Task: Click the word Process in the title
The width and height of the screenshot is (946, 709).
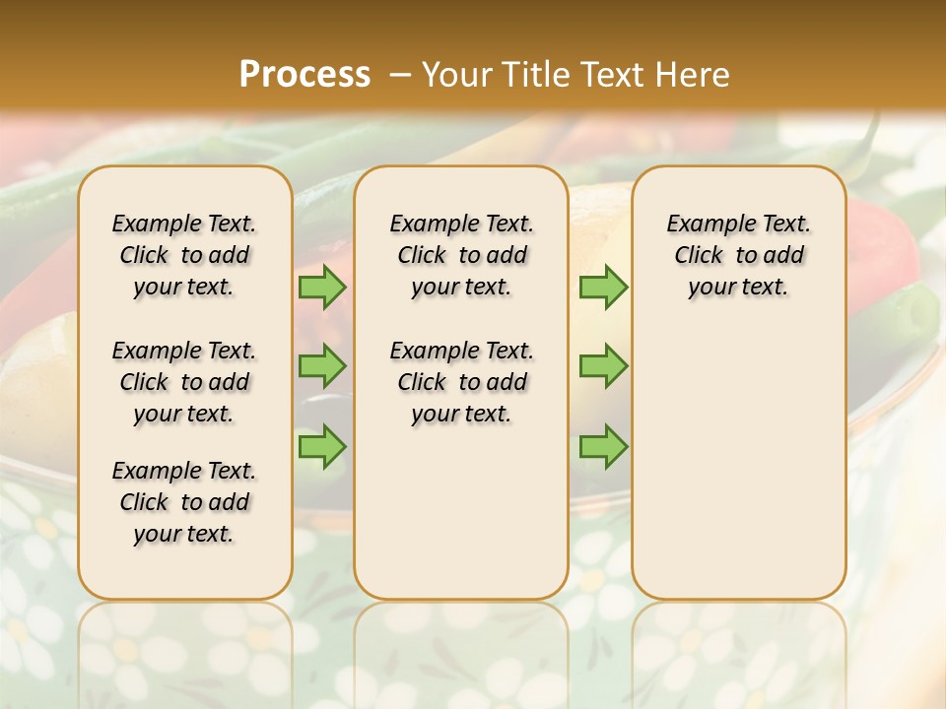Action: (x=304, y=74)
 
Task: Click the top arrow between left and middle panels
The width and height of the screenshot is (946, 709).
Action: (x=322, y=288)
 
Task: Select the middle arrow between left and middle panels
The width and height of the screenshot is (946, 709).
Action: (x=322, y=366)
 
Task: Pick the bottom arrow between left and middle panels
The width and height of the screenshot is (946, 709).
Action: (x=322, y=446)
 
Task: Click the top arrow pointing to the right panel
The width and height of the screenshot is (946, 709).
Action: (x=603, y=288)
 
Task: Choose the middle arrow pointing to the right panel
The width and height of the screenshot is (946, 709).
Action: (x=603, y=366)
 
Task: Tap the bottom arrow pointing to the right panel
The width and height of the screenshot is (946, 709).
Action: (x=603, y=446)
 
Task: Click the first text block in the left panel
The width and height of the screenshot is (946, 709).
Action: (x=184, y=255)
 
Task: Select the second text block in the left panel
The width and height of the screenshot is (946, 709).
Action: (x=184, y=382)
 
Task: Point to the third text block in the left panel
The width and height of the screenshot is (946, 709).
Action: (x=184, y=502)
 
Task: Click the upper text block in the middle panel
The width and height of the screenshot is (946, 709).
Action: (x=461, y=255)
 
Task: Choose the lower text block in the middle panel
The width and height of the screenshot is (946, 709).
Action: (x=461, y=382)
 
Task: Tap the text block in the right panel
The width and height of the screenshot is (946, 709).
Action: (x=738, y=255)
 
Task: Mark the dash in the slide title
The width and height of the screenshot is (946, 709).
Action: (x=400, y=74)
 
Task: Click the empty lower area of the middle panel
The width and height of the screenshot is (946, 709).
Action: (x=461, y=512)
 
